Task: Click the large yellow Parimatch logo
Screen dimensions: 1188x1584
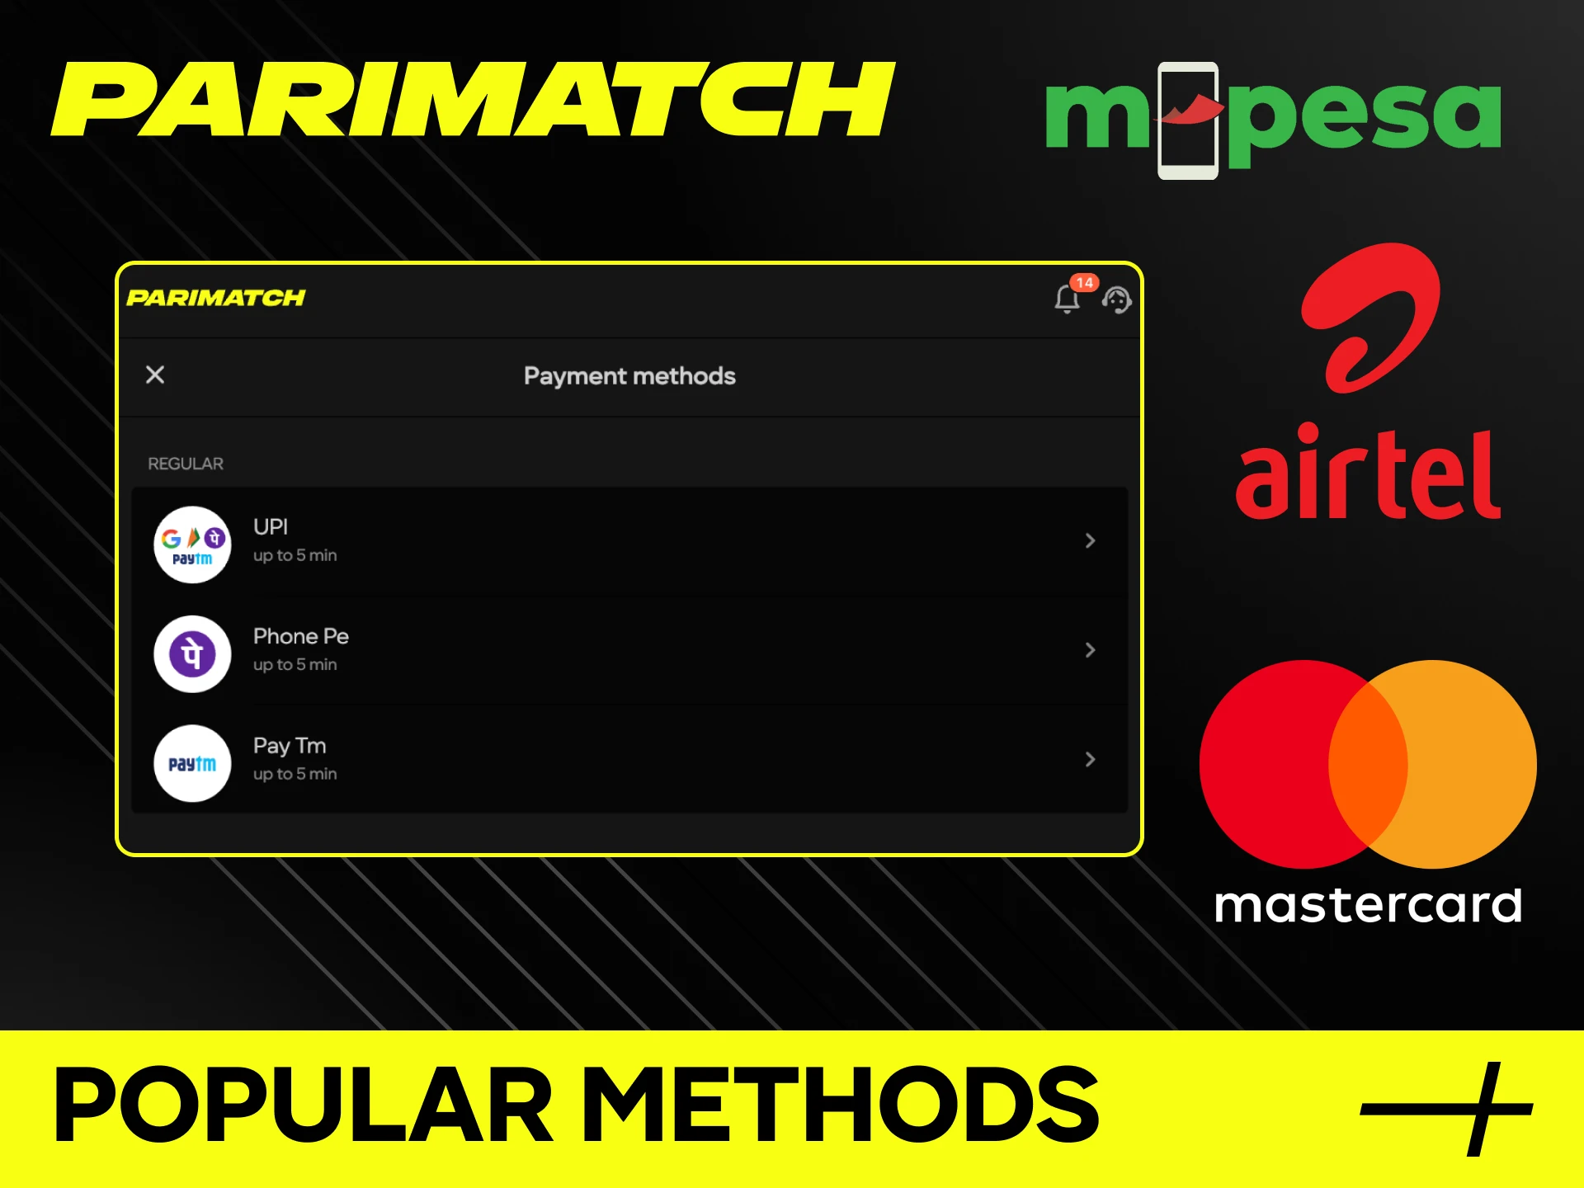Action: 472,99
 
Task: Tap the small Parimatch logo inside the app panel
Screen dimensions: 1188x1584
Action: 216,298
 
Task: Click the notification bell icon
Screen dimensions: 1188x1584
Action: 1067,299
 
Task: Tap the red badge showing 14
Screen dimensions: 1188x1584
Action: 1084,283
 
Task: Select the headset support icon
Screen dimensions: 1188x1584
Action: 1117,299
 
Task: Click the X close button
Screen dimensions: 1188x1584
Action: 155,375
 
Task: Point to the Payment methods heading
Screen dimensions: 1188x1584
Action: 629,376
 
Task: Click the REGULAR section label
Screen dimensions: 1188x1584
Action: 186,464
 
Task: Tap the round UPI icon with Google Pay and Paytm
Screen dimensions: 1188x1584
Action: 192,544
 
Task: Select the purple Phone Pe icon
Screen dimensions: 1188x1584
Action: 192,654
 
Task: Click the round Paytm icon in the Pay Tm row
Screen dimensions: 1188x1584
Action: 192,763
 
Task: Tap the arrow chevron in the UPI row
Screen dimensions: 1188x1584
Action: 1090,540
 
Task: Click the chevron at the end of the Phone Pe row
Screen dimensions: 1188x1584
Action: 1090,650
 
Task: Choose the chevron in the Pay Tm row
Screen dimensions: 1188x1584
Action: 1090,759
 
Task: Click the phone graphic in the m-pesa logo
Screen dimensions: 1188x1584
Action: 1188,120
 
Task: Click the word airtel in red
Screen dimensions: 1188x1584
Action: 1367,474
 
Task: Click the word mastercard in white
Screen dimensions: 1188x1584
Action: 1368,905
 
